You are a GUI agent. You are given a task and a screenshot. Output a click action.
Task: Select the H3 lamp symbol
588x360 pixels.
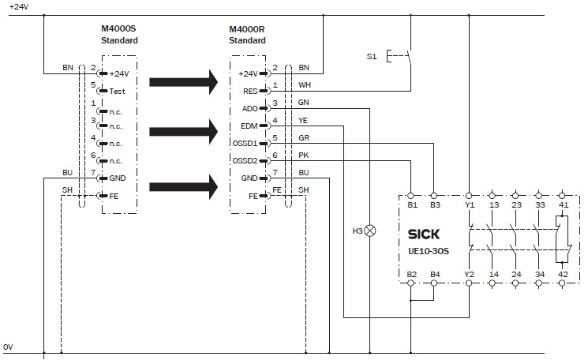click(369, 231)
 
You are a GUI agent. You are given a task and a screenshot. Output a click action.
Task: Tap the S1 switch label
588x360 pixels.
click(372, 57)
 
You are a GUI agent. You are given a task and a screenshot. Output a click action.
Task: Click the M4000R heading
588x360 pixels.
click(247, 29)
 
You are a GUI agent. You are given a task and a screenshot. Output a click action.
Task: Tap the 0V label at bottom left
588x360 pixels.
click(8, 347)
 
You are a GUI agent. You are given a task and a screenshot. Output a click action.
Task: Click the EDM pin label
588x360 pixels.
click(249, 126)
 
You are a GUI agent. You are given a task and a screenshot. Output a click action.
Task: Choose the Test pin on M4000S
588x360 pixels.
click(118, 91)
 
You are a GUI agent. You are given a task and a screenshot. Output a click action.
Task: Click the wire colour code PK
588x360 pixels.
click(304, 156)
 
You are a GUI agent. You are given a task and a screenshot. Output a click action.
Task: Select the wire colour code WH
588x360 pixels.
click(305, 85)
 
